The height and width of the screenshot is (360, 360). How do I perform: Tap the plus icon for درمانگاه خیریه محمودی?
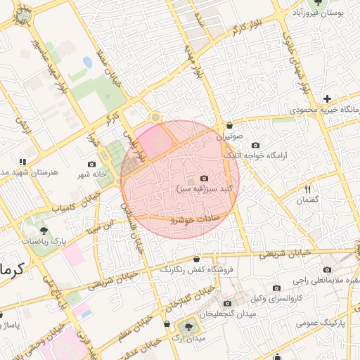point(327,98)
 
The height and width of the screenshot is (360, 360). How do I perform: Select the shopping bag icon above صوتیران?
point(229,124)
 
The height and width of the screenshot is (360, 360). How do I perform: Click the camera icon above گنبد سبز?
point(204,179)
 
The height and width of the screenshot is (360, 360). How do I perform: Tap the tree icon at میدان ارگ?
point(188,327)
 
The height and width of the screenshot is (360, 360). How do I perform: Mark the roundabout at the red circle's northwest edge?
point(155,117)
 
